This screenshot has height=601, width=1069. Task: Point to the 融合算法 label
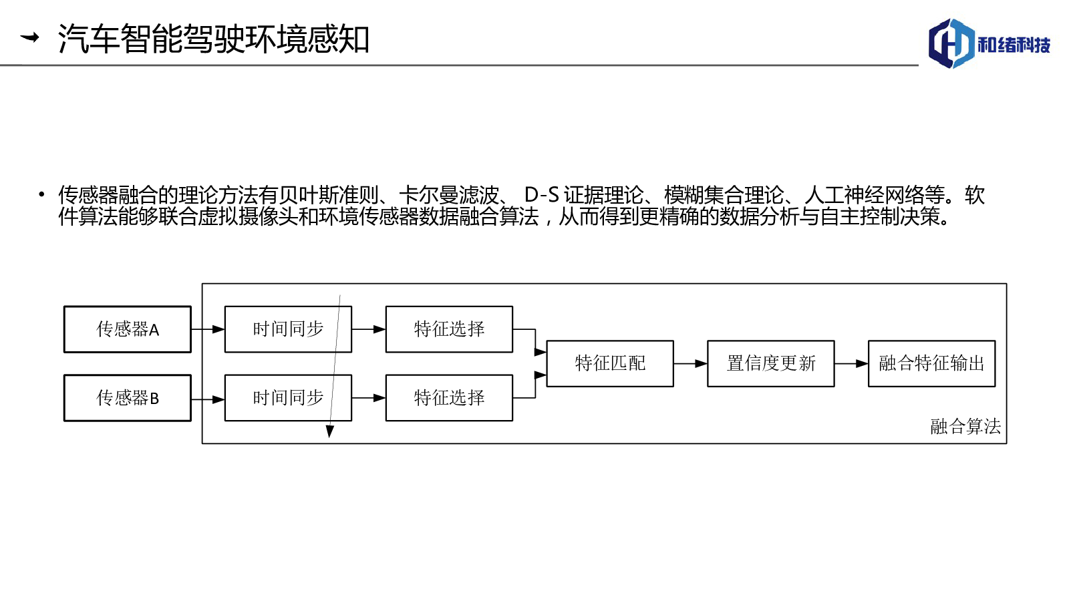[x=965, y=427]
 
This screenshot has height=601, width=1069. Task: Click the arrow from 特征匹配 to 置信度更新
[x=691, y=363]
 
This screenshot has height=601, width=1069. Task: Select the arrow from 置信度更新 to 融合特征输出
[x=851, y=363]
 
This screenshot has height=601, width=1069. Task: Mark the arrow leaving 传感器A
[x=208, y=329]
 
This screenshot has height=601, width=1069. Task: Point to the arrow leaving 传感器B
[x=208, y=399]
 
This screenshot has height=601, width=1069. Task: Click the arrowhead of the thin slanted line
[x=330, y=431]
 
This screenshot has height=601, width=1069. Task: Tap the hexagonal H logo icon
[x=951, y=43]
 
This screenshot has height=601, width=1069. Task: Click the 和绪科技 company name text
[x=1014, y=45]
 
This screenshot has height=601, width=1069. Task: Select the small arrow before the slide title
[x=29, y=37]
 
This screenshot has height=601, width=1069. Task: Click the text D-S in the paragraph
[x=541, y=194]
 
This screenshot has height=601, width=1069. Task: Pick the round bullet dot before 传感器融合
[x=42, y=194]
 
